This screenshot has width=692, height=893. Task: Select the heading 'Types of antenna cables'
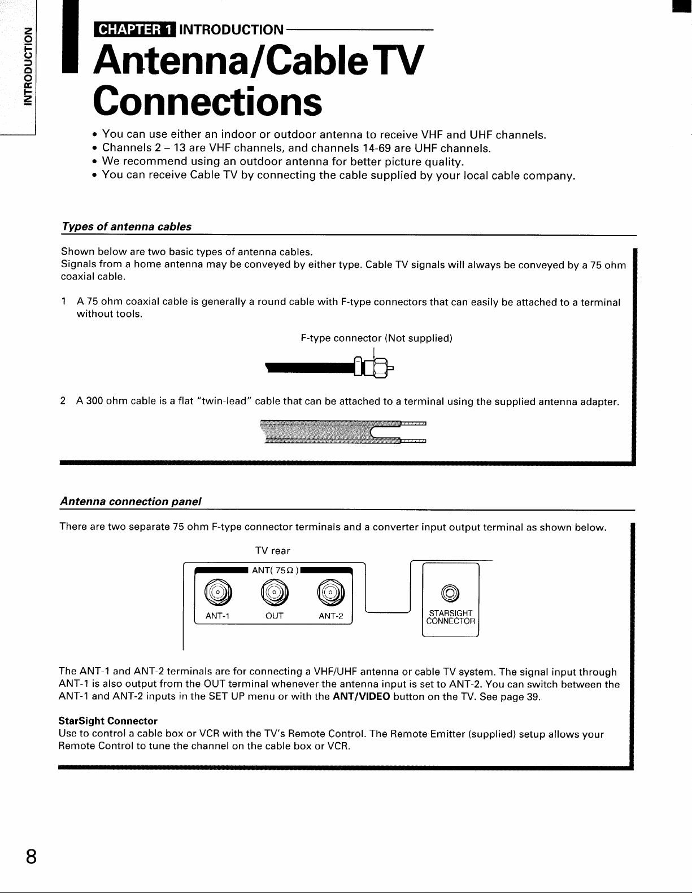click(x=126, y=226)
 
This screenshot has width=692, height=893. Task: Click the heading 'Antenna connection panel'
click(x=131, y=502)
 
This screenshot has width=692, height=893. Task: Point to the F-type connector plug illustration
click(x=373, y=369)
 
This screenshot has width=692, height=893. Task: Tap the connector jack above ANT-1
click(x=216, y=591)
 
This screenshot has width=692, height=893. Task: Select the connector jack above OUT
click(x=274, y=591)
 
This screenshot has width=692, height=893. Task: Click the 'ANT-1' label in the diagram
click(x=216, y=616)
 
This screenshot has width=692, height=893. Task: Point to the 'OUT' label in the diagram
click(x=274, y=616)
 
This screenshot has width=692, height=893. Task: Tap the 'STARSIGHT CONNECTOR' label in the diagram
click(x=451, y=617)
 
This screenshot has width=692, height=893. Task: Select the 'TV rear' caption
click(x=273, y=550)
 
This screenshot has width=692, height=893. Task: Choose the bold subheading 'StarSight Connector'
click(x=108, y=721)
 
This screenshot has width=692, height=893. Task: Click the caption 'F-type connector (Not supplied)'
click(x=377, y=338)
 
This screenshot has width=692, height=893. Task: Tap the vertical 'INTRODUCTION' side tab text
click(x=25, y=66)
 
